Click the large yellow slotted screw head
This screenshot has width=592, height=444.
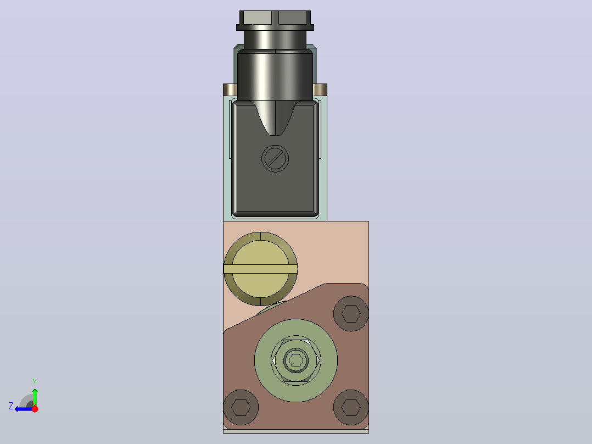(260, 269)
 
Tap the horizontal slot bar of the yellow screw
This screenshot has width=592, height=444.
(260, 269)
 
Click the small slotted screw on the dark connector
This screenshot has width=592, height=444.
(275, 159)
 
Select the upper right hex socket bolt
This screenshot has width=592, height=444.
(351, 314)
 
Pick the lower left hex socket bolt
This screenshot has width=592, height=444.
(241, 407)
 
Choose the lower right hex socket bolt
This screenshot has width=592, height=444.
(351, 407)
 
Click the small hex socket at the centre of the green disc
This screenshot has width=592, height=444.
(295, 360)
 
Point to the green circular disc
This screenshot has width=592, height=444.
(295, 360)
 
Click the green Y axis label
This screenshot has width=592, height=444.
(35, 382)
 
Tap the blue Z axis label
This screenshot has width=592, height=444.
(11, 406)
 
